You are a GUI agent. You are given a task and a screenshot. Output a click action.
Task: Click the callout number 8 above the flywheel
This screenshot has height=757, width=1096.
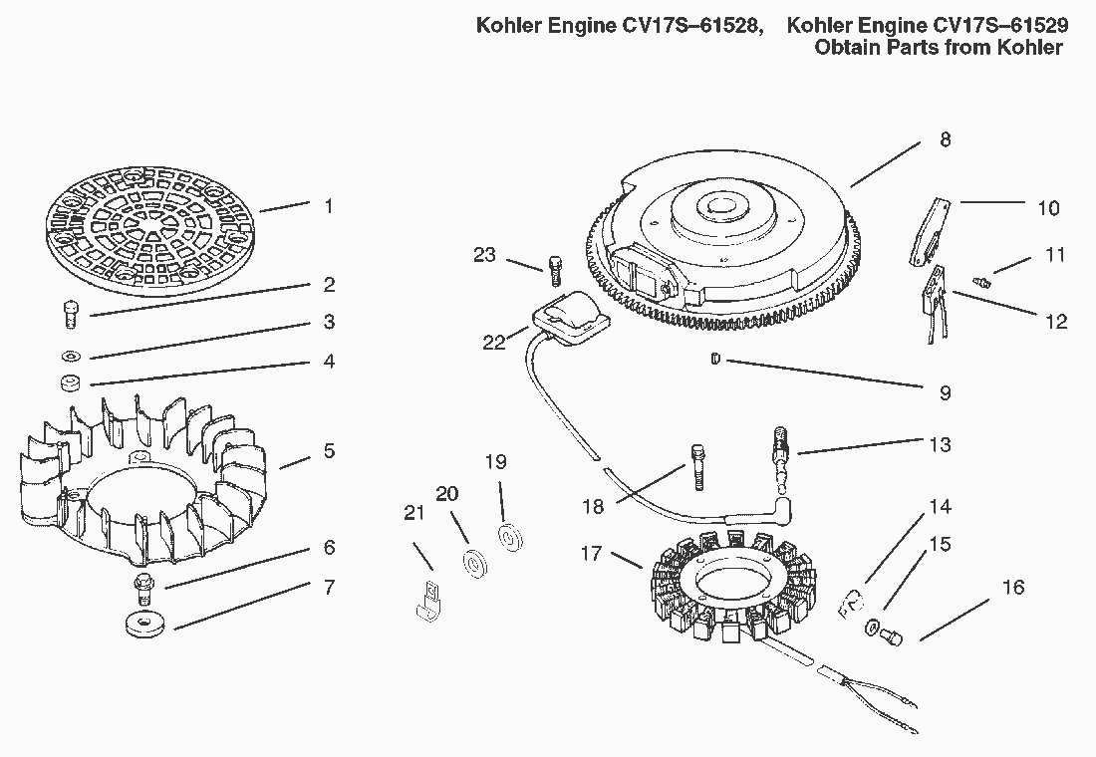945,139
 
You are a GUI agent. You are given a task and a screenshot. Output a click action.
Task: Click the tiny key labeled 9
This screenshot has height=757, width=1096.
715,360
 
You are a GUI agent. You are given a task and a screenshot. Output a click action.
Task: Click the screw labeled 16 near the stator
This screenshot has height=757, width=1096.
894,634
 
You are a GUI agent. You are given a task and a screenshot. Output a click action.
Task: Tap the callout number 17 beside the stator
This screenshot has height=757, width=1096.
591,552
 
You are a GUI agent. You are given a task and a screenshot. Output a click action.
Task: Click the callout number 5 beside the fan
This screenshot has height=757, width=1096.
329,451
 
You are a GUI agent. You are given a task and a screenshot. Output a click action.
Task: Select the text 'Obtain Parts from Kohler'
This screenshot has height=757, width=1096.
939,48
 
